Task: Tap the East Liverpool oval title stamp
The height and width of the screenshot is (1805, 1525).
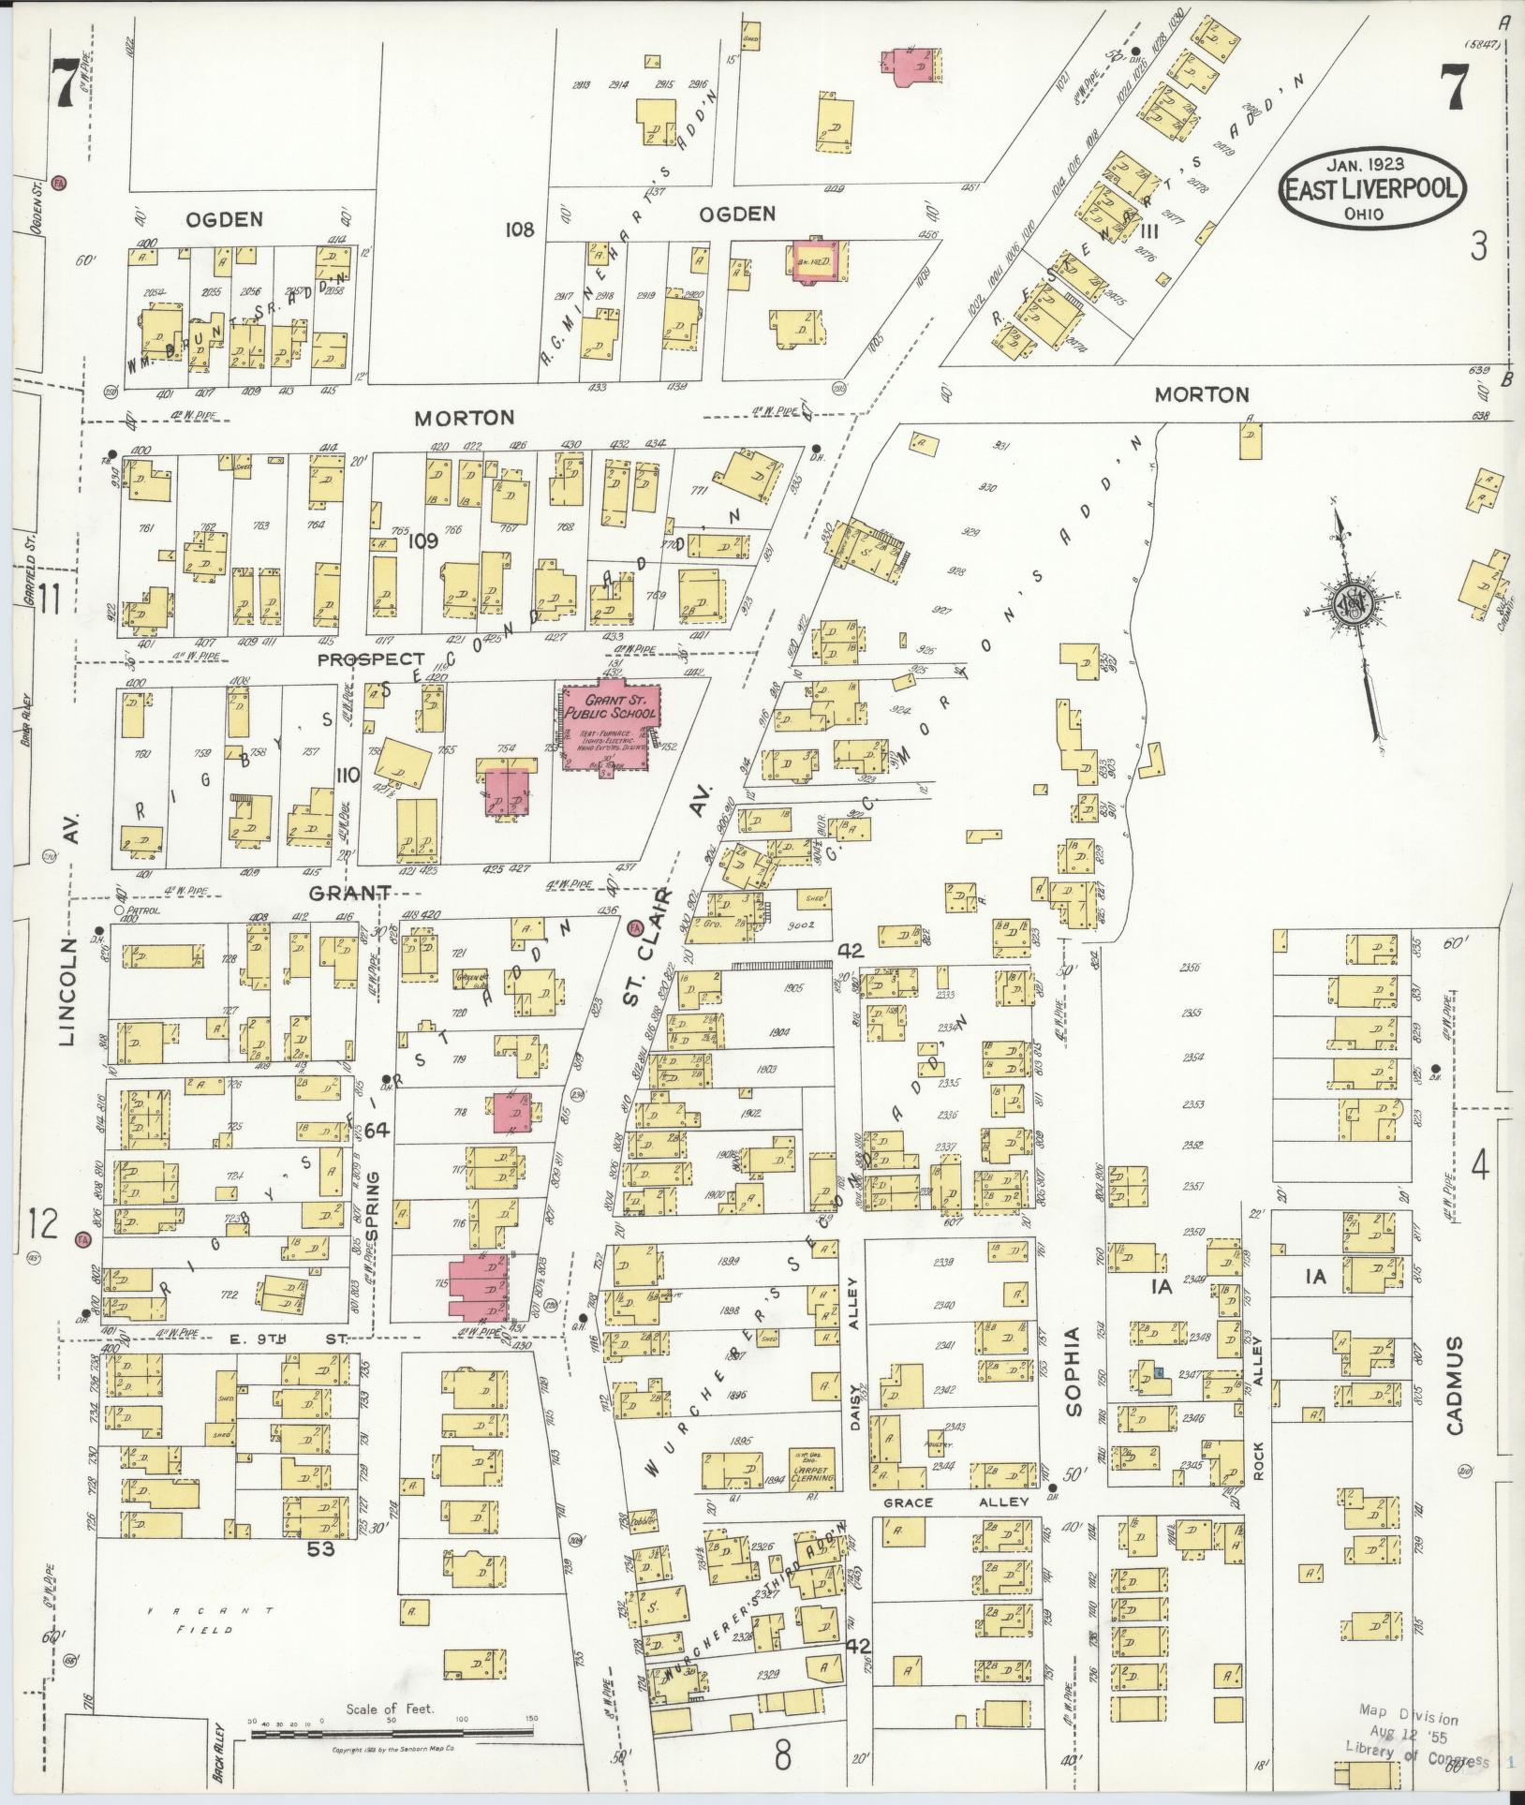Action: pyautogui.click(x=1370, y=187)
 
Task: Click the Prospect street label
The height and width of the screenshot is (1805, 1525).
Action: pyautogui.click(x=370, y=658)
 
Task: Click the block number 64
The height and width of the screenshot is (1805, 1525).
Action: pyautogui.click(x=377, y=1131)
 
